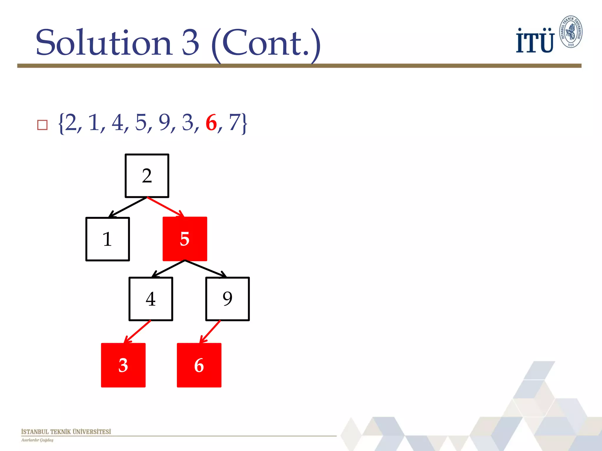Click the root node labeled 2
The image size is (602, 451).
coord(147,176)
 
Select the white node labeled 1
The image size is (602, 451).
coord(108,239)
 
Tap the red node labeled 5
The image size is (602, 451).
coord(185,239)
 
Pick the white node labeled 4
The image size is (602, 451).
coord(151,299)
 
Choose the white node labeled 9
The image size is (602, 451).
coord(228,299)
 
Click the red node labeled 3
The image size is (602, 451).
coord(123,365)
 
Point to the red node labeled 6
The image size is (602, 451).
coord(199,365)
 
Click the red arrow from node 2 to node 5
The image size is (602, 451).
coord(165,207)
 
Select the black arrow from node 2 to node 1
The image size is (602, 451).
coord(128,207)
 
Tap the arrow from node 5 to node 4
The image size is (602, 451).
coord(168,269)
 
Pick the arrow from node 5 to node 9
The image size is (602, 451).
coord(206,269)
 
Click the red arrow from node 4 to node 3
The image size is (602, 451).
coord(138,331)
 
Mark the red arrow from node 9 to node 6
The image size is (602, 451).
coord(210,331)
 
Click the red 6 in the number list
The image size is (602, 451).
coord(211,123)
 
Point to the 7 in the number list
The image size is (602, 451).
coord(235,123)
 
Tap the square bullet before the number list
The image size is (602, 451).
coord(42,125)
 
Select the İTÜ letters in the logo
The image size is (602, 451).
coord(535,41)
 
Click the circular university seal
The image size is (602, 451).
coord(571,32)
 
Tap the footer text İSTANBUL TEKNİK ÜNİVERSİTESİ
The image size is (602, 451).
coord(66,432)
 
